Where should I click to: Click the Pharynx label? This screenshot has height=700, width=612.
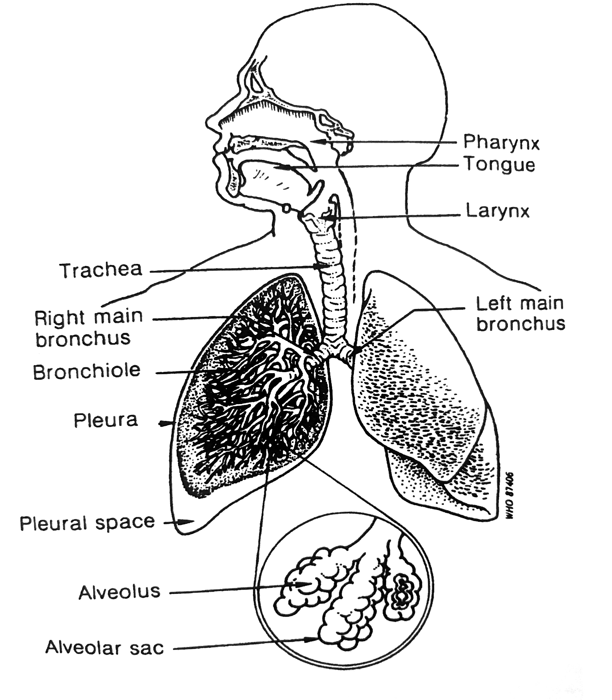pyautogui.click(x=501, y=142)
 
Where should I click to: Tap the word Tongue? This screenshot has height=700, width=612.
pyautogui.click(x=500, y=164)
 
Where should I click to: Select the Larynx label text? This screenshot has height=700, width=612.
pyautogui.click(x=497, y=212)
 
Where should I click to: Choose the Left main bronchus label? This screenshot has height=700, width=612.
pyautogui.click(x=520, y=313)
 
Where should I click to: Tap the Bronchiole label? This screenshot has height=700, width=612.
pyautogui.click(x=87, y=371)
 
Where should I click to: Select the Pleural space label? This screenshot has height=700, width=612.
pyautogui.click(x=87, y=523)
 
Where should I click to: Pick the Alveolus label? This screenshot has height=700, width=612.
pyautogui.click(x=120, y=592)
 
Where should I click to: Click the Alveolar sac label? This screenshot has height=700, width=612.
pyautogui.click(x=105, y=648)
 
